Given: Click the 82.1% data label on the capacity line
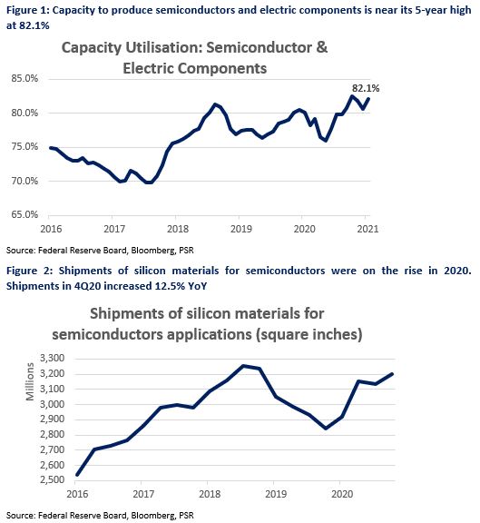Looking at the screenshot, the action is point(366,88).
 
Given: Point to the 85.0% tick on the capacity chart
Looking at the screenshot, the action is point(24,78).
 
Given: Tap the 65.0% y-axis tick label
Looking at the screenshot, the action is point(24,214).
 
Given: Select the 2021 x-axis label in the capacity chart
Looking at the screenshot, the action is point(367,229).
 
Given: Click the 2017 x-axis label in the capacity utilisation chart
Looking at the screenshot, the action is point(114,229).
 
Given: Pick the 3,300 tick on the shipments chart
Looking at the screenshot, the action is point(52,359).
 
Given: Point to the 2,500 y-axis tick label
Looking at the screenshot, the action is point(52,479).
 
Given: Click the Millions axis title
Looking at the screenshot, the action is point(30,381).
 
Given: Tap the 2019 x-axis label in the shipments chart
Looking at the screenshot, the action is point(276,494).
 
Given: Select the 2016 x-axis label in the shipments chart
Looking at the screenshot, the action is point(77,494).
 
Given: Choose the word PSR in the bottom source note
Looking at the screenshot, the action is point(186,516).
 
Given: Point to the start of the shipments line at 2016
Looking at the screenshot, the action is point(77,475).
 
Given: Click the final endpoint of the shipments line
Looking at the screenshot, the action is point(392,374).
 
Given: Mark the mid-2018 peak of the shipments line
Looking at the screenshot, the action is point(244,366).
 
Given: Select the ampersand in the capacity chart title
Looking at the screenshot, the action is point(322,48).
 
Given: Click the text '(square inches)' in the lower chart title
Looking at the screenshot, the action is point(309,334).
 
